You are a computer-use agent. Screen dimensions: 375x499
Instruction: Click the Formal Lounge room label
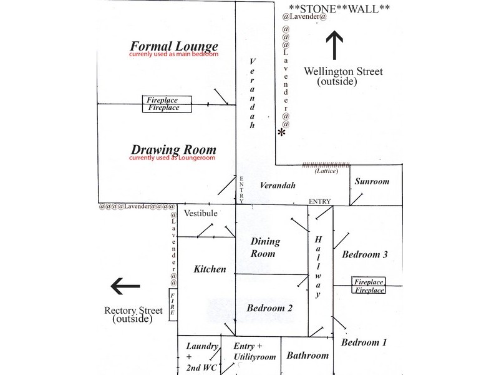[173, 46]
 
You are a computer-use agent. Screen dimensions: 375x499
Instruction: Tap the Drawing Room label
[173, 150]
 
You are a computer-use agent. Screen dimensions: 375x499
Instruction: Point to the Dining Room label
[265, 247]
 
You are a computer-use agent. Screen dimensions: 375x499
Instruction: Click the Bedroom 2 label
[269, 307]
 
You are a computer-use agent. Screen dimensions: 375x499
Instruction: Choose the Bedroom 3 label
[365, 254]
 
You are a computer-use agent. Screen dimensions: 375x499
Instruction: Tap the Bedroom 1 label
[364, 342]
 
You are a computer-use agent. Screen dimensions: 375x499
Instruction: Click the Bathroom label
[308, 356]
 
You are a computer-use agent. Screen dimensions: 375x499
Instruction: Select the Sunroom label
[372, 182]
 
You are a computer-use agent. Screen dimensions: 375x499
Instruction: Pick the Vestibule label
[200, 214]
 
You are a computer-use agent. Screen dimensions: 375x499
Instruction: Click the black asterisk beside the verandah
[282, 133]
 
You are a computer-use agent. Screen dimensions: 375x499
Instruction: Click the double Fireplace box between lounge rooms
[163, 104]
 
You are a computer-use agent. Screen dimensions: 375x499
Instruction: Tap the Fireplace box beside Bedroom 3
[369, 286]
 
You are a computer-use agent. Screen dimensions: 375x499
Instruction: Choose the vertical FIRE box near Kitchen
[173, 304]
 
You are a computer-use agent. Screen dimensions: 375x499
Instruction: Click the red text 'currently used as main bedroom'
[173, 56]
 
